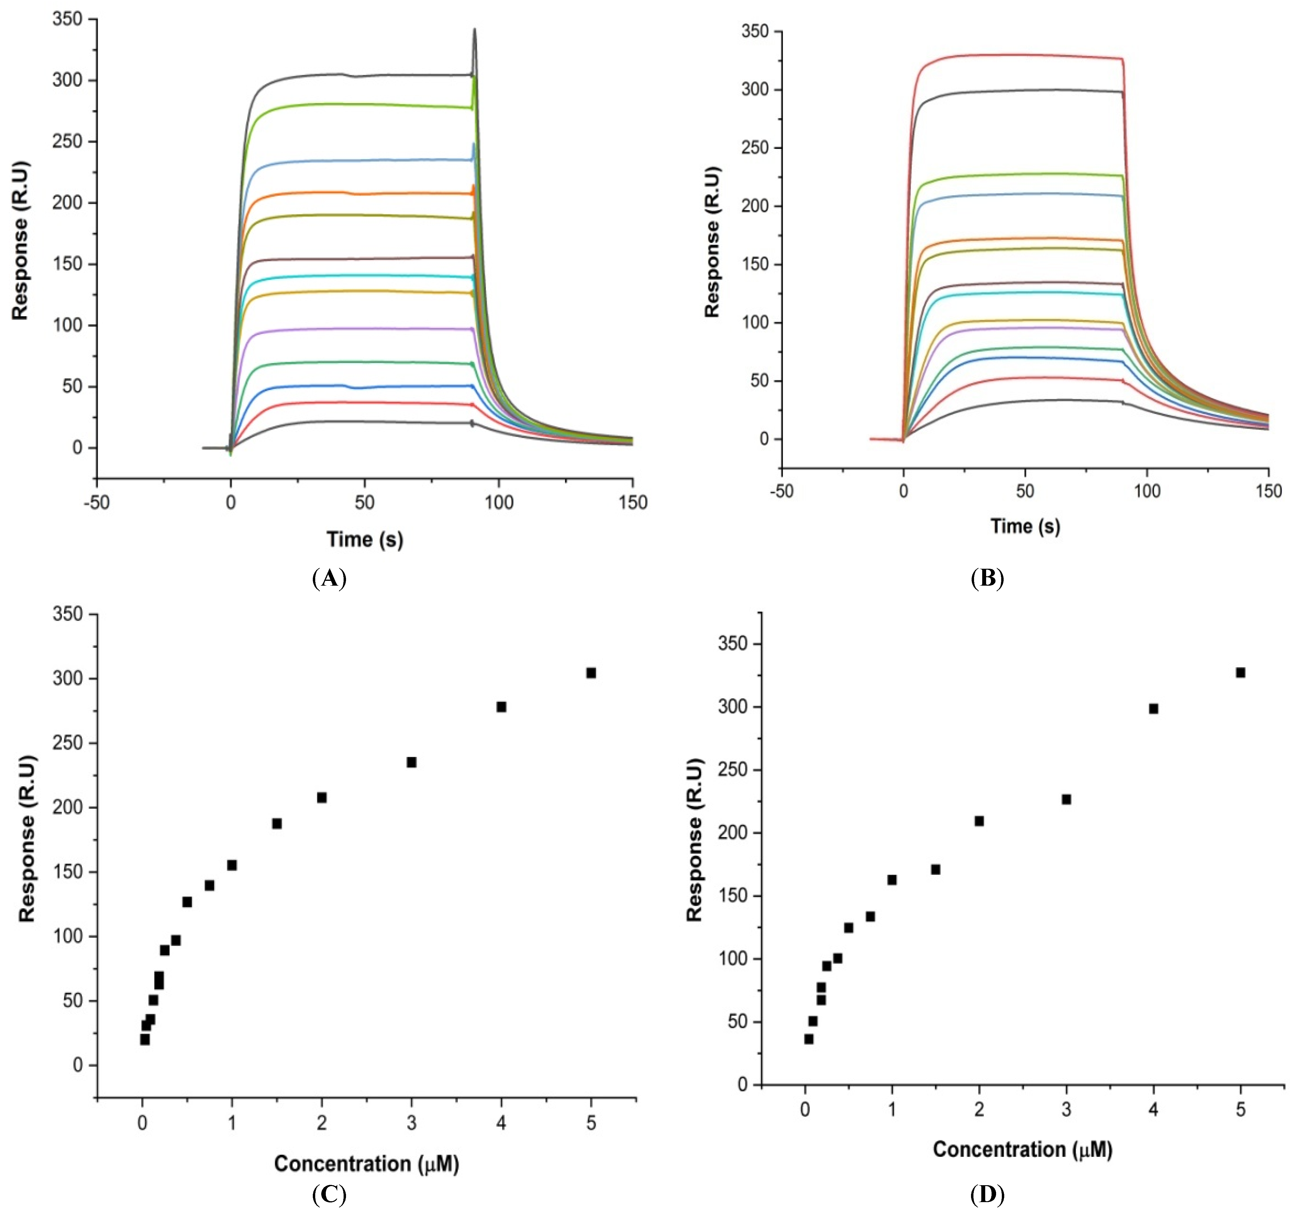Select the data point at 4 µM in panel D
pos(1153,708)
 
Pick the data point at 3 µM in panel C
pos(411,762)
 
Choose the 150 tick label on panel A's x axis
pos(633,502)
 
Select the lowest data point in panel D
pos(808,1039)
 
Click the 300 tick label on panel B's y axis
pos(755,89)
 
